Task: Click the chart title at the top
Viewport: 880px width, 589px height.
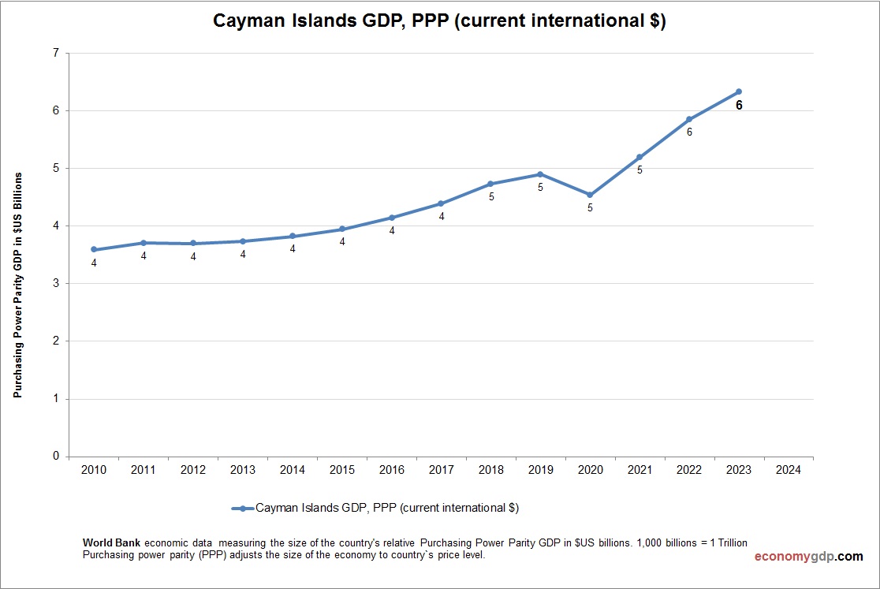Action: point(439,21)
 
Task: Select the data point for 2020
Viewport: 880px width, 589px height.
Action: point(590,195)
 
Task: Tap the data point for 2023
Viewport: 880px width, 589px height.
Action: point(739,91)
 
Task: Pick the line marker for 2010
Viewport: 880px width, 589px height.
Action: point(94,249)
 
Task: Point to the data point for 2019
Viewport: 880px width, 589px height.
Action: point(540,174)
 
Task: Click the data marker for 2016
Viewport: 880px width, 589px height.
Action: point(392,218)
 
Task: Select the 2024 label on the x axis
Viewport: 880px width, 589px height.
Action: point(788,470)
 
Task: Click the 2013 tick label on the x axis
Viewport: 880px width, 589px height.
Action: point(243,470)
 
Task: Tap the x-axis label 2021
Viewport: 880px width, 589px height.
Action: point(639,470)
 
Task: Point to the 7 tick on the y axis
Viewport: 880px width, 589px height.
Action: point(55,53)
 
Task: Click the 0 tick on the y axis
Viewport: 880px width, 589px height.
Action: point(55,456)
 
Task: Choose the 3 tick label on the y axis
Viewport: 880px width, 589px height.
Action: point(55,283)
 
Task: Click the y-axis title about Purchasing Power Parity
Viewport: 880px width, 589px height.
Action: point(17,283)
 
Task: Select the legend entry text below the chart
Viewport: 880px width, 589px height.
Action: point(387,509)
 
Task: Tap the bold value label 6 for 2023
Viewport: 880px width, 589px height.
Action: point(739,105)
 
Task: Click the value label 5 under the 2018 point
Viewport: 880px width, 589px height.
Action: point(490,196)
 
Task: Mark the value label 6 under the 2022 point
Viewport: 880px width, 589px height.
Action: point(689,132)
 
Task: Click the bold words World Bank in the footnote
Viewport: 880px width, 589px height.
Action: point(112,543)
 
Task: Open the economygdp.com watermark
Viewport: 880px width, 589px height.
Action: point(808,557)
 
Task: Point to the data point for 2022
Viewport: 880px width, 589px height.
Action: point(689,119)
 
